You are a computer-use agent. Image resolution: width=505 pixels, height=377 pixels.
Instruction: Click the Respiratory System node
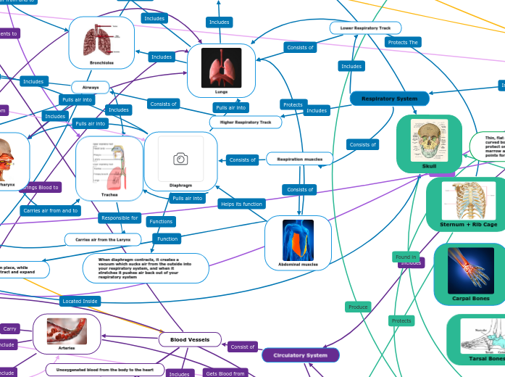[x=389, y=98]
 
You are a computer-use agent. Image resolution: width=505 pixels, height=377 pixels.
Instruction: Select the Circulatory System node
[x=300, y=355]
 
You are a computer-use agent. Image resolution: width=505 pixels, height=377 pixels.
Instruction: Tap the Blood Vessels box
[x=190, y=339]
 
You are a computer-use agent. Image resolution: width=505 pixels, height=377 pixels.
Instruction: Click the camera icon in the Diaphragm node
[x=180, y=159]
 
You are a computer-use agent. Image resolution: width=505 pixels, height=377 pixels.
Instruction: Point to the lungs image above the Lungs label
[x=221, y=67]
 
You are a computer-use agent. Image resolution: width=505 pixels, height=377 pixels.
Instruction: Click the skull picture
[x=429, y=139]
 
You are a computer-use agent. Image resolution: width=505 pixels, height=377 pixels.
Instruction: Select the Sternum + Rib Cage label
[x=469, y=225]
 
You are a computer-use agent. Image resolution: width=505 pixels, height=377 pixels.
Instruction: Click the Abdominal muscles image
[x=298, y=240]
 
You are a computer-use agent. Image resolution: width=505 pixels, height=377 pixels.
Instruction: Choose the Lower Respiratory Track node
[x=365, y=28]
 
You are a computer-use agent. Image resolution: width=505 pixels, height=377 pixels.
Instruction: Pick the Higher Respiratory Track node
[x=246, y=123]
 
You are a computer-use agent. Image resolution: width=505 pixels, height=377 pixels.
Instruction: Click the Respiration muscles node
[x=299, y=158]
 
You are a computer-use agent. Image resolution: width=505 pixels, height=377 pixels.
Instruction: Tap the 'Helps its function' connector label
[x=241, y=204]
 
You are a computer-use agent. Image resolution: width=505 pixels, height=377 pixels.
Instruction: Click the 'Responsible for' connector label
[x=120, y=217]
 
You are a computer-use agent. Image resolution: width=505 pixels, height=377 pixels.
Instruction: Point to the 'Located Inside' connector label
[x=80, y=300]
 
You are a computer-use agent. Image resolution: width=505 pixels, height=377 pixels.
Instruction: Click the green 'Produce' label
[x=358, y=307]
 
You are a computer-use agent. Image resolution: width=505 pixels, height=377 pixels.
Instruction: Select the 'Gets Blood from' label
[x=225, y=373]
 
